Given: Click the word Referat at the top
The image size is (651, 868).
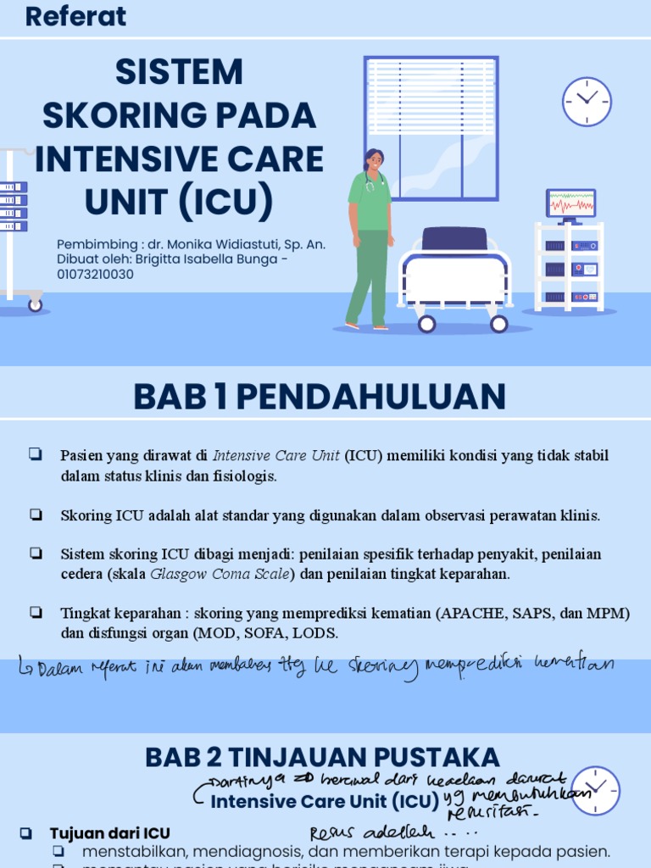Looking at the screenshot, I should click(75, 16).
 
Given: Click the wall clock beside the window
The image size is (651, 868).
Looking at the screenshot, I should click(587, 102).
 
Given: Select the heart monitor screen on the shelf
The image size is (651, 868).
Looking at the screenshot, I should click(570, 204).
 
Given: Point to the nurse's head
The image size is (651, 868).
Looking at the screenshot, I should click(373, 160).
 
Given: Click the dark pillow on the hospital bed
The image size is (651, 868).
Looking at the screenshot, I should click(454, 239).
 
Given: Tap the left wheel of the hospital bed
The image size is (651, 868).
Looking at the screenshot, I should click(426, 323).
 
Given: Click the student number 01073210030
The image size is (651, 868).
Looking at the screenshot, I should click(95, 275).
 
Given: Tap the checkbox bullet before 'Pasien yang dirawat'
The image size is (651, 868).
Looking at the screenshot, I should click(36, 454).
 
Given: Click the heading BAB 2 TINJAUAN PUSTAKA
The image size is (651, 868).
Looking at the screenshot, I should click(322, 757).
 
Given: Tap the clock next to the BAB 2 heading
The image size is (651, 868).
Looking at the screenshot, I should click(595, 791).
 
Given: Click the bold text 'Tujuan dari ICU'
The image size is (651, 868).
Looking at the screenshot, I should click(110, 832).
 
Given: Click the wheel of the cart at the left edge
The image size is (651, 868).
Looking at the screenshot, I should click(35, 305).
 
